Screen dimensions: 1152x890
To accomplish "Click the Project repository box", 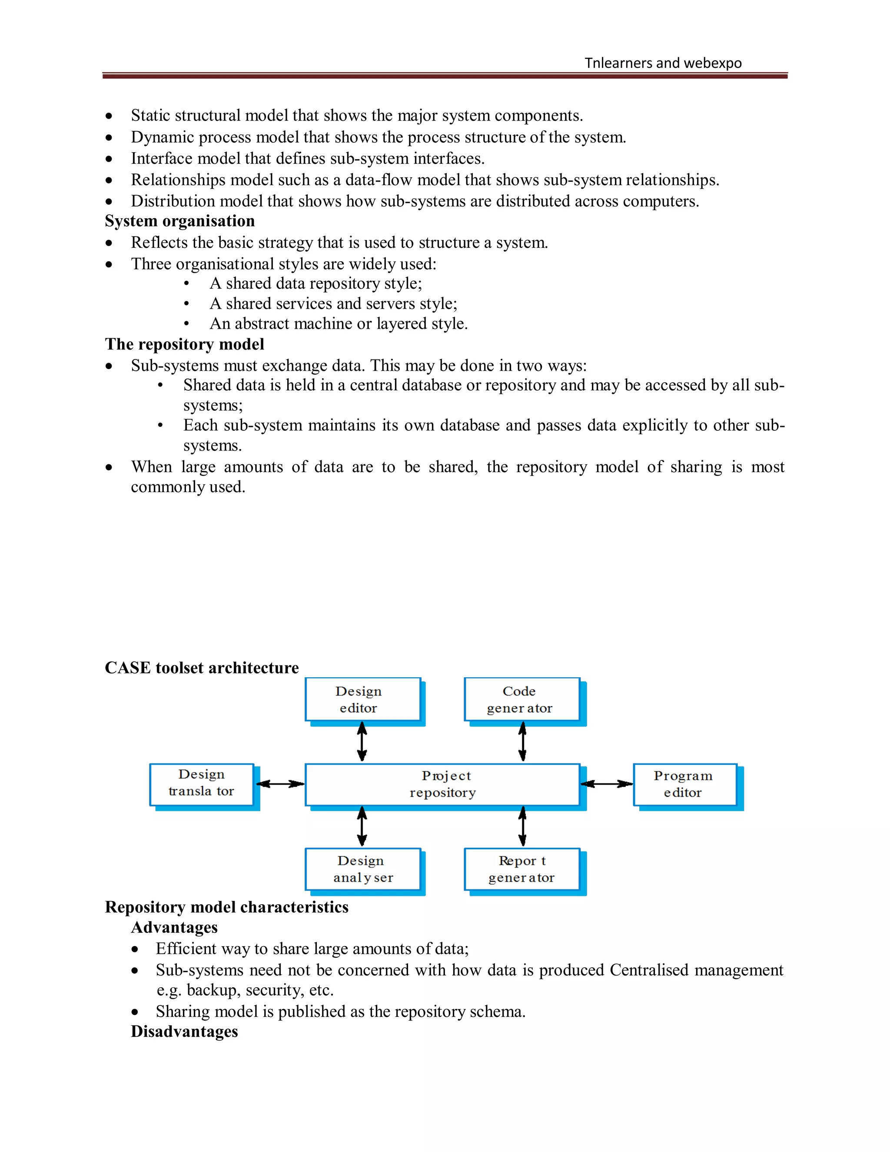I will click(442, 784).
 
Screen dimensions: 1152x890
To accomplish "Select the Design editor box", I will click(362, 699).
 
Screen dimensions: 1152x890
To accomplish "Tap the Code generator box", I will click(521, 699).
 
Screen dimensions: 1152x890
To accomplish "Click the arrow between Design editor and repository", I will click(362, 742).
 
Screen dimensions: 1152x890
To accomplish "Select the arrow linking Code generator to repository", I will click(522, 742).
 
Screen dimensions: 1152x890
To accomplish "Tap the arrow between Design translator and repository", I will click(280, 784).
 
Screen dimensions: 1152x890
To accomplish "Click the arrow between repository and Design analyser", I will click(362, 826).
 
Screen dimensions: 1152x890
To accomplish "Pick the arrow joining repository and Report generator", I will click(522, 826).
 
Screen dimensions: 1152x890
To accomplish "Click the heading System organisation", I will click(180, 221).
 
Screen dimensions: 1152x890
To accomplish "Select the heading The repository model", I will click(185, 344).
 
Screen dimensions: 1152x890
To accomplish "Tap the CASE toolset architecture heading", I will click(202, 668).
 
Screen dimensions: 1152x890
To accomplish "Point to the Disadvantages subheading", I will click(185, 1031).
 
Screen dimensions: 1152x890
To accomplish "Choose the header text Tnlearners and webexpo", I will click(663, 63).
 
